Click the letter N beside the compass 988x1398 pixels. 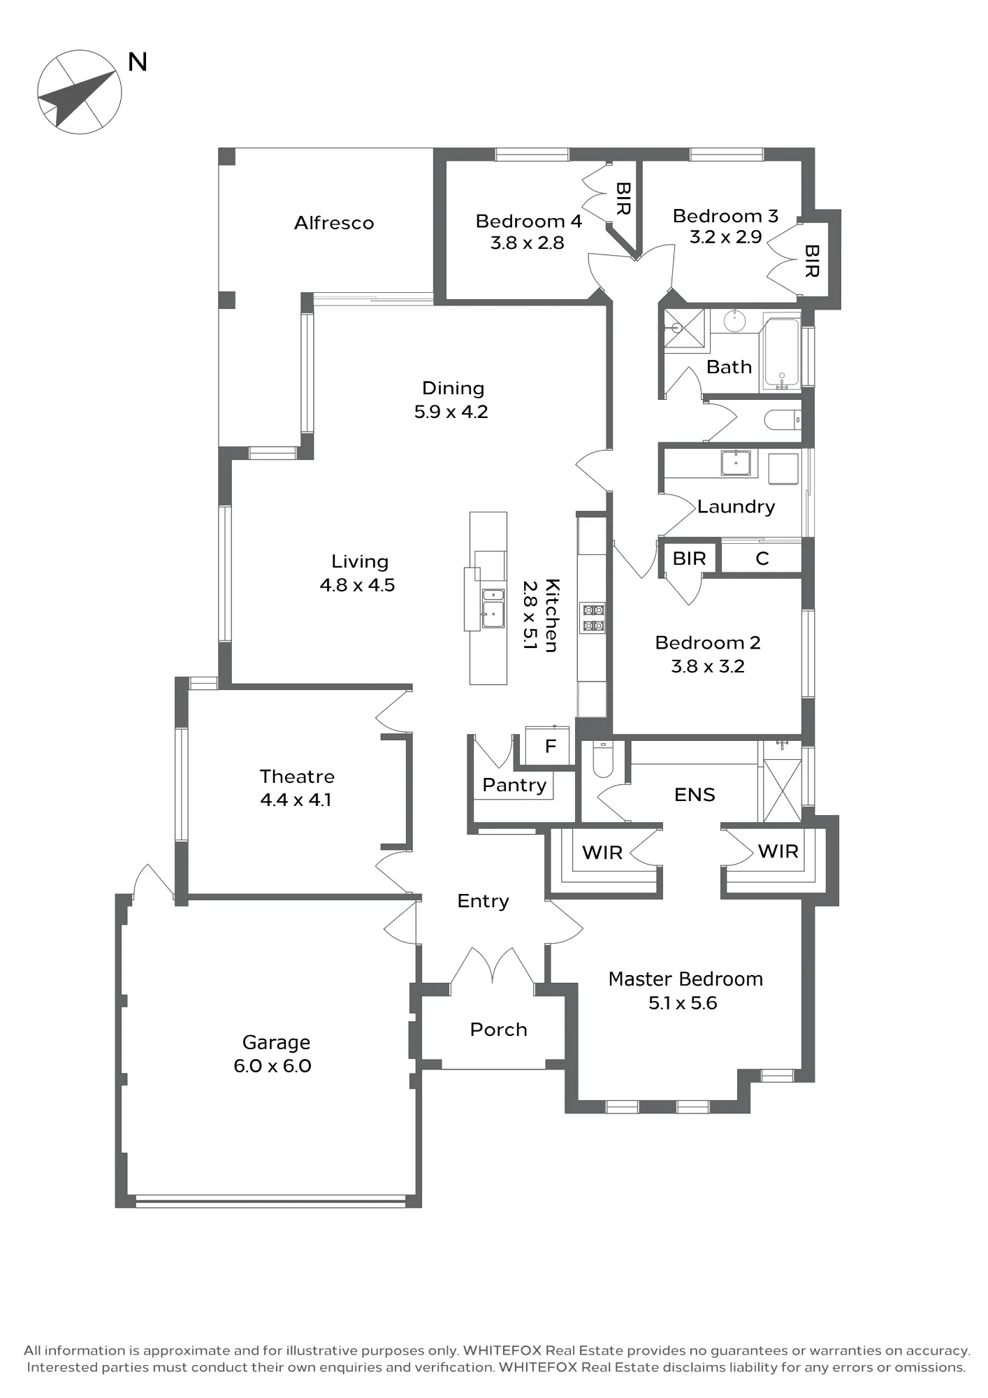138,62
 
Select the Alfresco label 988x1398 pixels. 334,223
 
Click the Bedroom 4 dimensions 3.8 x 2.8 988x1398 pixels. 527,243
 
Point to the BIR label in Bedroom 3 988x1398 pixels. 812,261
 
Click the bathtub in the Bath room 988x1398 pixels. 782,353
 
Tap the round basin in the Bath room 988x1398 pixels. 734,321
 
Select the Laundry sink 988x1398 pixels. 736,463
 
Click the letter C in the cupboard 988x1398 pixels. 762,559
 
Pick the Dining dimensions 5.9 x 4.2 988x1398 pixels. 451,412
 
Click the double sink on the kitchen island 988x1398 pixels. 493,608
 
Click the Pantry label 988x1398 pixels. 514,785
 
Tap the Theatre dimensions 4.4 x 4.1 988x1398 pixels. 296,800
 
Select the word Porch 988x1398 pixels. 498,1030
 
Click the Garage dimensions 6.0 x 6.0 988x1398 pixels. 273,1066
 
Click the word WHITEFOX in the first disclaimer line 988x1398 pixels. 502,1350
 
